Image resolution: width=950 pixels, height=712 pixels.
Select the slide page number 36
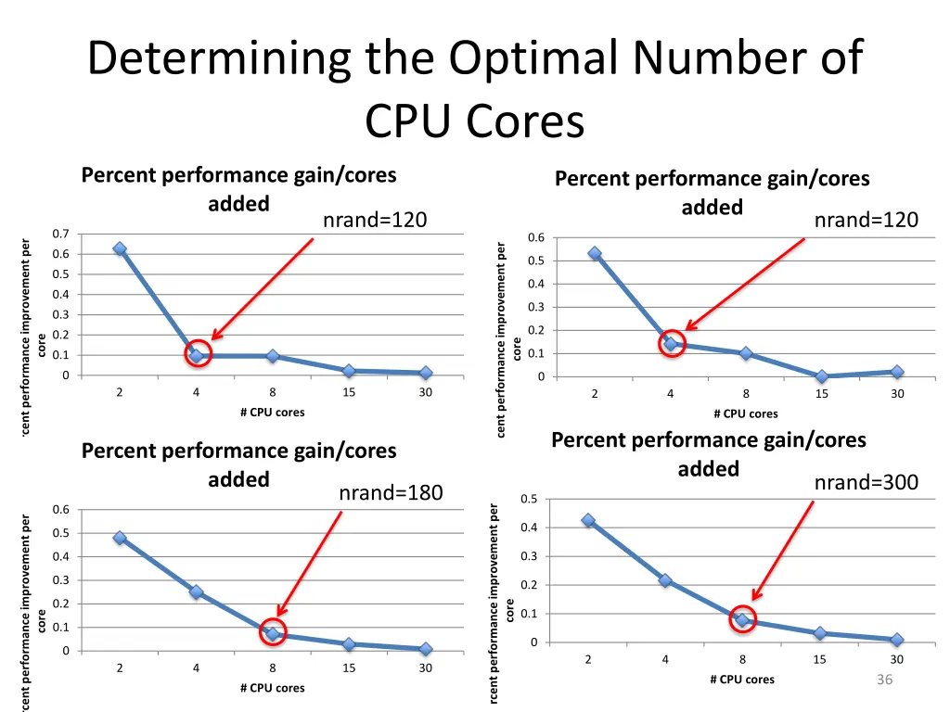(x=884, y=680)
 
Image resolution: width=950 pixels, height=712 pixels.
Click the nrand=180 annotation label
(x=391, y=492)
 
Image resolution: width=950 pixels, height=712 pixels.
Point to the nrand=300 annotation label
(x=866, y=482)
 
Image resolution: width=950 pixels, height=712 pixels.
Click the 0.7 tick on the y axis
(x=60, y=234)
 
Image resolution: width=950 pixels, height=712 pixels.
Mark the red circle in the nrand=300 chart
(x=742, y=619)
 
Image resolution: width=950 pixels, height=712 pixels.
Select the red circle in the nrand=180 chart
(x=273, y=633)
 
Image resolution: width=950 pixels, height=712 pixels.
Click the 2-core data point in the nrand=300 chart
(x=588, y=520)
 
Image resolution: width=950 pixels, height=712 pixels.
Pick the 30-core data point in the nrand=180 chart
(x=425, y=649)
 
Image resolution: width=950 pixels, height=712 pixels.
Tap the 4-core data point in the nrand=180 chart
(x=196, y=591)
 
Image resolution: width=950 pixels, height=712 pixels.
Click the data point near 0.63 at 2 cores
(x=120, y=248)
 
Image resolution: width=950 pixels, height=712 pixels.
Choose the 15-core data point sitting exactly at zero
(x=822, y=376)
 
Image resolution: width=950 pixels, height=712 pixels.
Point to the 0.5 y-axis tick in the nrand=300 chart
(x=530, y=500)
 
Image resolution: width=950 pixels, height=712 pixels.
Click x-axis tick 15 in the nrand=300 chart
(x=820, y=660)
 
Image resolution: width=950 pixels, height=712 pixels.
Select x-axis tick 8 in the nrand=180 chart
(x=273, y=668)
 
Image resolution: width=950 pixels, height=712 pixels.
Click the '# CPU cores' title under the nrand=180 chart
(x=272, y=688)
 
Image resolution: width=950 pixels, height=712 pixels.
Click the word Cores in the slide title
(x=525, y=122)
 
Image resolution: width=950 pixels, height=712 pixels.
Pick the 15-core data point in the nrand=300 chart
(x=820, y=633)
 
